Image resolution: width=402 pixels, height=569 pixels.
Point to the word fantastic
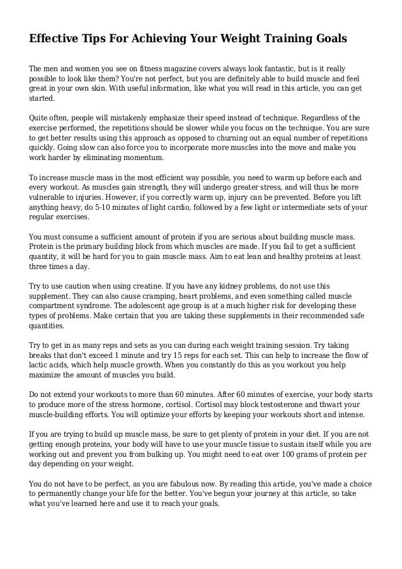(257, 68)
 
